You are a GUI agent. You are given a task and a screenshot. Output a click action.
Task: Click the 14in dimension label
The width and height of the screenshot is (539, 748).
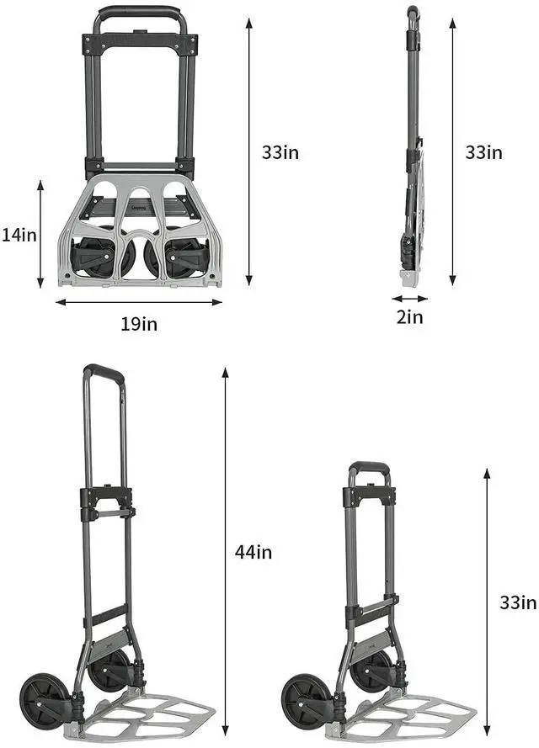pos(19,236)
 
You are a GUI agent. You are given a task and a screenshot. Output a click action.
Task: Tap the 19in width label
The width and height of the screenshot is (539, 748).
pos(139,323)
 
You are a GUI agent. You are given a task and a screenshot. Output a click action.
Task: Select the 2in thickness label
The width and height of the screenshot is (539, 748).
pos(409,317)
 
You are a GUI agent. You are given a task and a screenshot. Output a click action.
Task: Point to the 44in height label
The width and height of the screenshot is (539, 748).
pos(253,552)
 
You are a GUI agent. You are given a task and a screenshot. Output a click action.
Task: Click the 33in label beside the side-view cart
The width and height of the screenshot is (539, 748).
pos(483,152)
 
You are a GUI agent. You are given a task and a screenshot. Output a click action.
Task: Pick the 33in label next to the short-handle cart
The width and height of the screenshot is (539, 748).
pos(517,602)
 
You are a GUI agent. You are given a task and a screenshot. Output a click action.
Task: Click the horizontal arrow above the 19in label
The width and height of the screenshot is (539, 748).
pos(139,302)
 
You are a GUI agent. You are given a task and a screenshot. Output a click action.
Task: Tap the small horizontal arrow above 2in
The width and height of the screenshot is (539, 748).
pos(409,298)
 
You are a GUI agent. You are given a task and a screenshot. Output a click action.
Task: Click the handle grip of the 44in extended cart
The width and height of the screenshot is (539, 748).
pos(104,370)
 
